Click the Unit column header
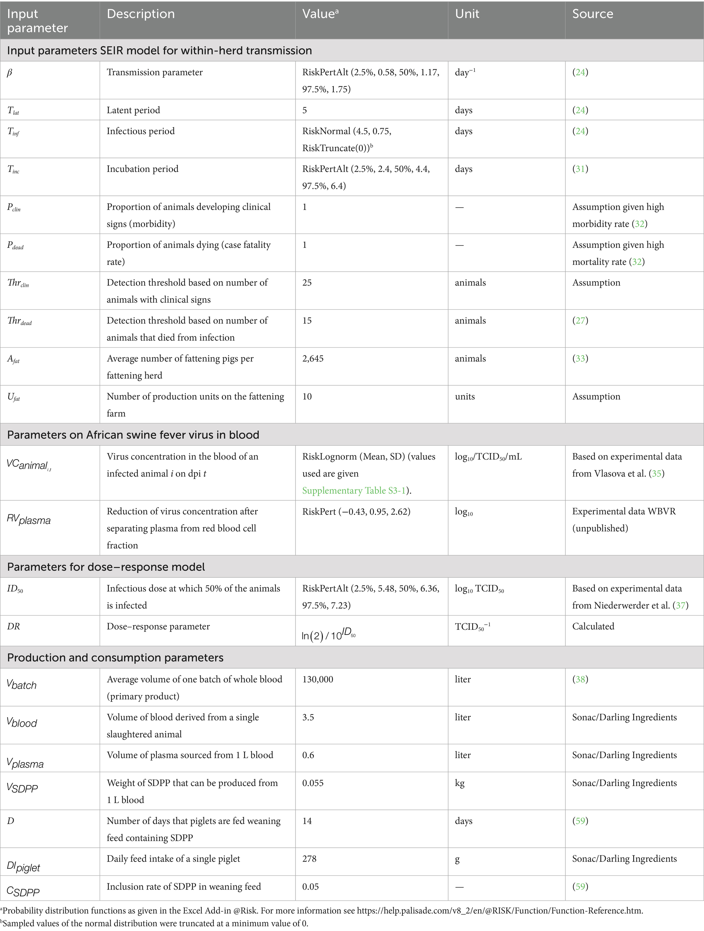[467, 14]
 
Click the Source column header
[592, 14]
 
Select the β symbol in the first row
[10, 73]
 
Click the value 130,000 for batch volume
[317, 679]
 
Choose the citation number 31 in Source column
[580, 169]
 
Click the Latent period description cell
[133, 110]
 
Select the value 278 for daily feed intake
[309, 858]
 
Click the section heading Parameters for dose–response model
[106, 567]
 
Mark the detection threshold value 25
[307, 283]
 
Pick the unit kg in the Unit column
[460, 783]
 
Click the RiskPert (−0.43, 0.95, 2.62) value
[356, 511]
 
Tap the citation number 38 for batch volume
[580, 679]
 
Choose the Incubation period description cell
[142, 169]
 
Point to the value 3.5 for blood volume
[308, 717]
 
